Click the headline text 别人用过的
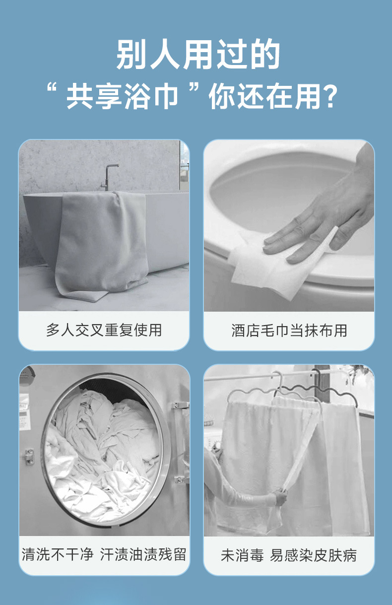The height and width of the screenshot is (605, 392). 198,54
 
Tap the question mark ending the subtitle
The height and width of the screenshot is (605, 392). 330,96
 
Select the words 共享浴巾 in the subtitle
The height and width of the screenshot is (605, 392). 122,96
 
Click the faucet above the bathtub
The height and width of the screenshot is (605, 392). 109,177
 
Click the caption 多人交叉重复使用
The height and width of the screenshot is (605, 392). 104,330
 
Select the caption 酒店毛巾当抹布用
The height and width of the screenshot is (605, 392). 289,331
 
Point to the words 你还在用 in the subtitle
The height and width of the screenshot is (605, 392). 265,96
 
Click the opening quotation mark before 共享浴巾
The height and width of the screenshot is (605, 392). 51,88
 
